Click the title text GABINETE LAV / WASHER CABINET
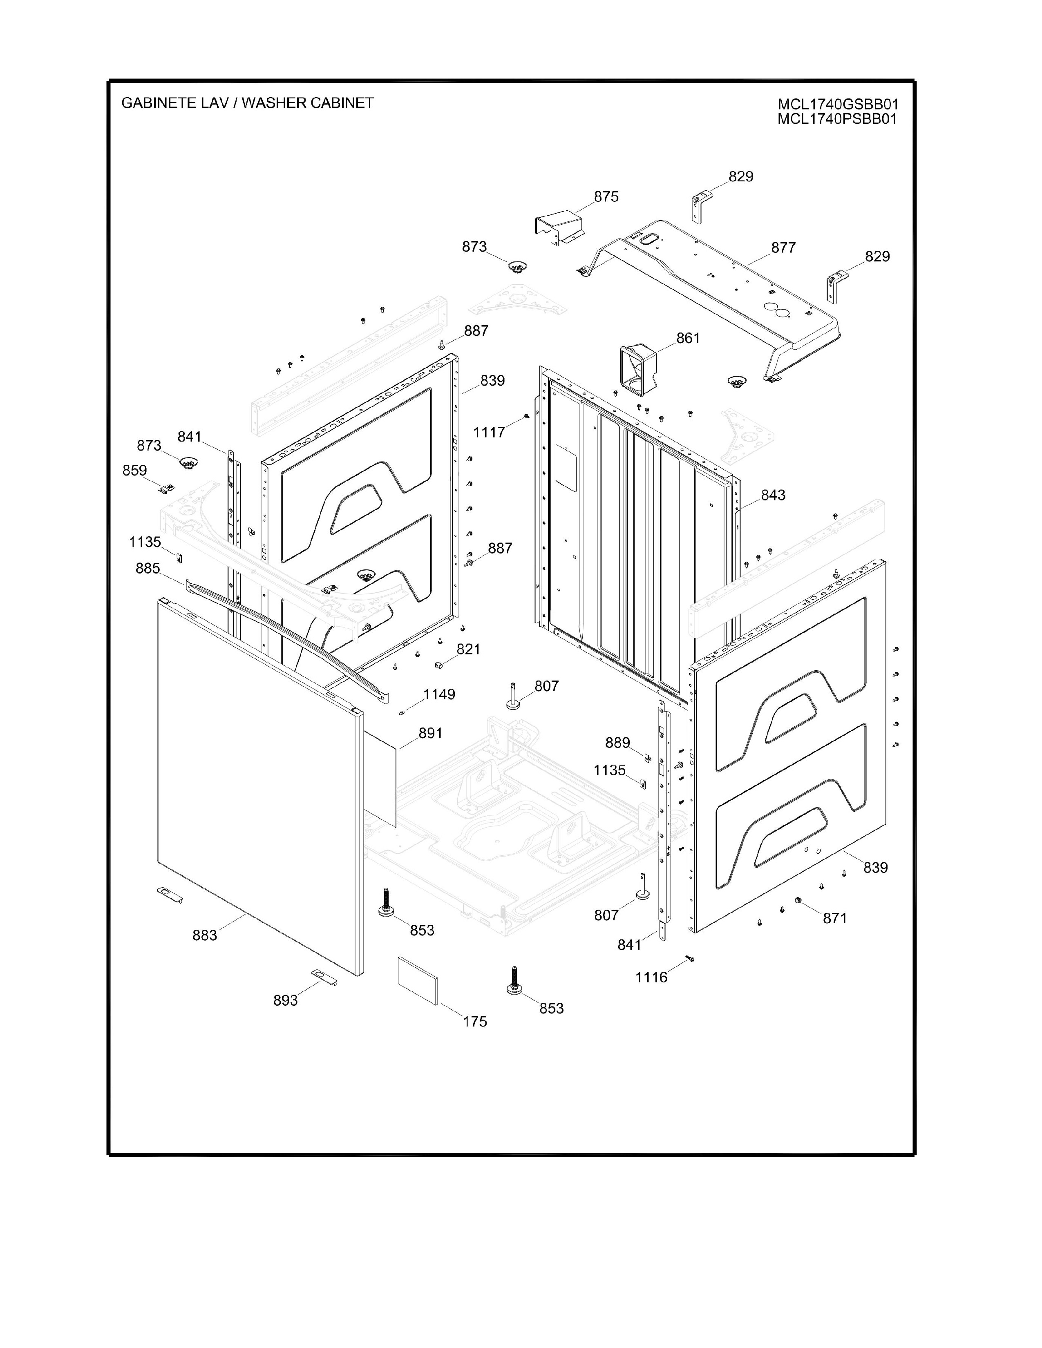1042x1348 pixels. click(248, 103)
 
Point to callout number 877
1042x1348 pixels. click(783, 248)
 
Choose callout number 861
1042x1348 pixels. click(688, 338)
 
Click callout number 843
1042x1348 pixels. click(773, 495)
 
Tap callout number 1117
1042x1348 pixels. click(489, 433)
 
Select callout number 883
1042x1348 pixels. click(204, 936)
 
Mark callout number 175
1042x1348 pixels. click(475, 1022)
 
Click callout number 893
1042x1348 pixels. click(285, 1000)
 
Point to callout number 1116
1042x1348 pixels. click(651, 978)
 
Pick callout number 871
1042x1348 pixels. click(834, 918)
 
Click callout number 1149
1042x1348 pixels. click(439, 694)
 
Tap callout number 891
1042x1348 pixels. click(430, 733)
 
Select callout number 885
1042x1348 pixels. click(148, 569)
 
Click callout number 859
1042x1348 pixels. click(134, 470)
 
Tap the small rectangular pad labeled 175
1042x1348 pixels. click(418, 981)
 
